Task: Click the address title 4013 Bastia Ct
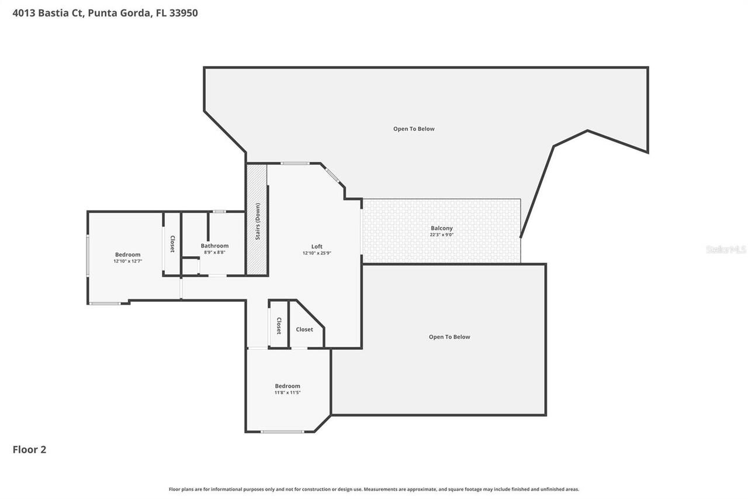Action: pos(105,13)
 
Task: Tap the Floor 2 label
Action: pos(29,449)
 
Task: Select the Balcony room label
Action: pos(442,228)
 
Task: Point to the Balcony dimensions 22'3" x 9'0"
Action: pos(442,235)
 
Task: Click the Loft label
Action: pos(317,246)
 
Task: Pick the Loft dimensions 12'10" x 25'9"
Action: pos(317,253)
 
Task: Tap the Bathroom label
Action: pos(214,246)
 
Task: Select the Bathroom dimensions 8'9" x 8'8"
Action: pos(214,252)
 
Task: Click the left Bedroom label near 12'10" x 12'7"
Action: pos(127,254)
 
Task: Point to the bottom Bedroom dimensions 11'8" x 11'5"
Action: pos(288,393)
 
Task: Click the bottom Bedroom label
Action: pos(288,386)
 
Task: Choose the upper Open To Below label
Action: pos(414,129)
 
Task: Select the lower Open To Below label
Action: pos(449,337)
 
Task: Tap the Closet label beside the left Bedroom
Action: pos(172,244)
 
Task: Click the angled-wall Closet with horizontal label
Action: pos(304,329)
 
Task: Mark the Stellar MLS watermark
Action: pos(726,249)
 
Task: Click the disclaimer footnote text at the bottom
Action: pos(374,489)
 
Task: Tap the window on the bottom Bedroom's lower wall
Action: pos(282,432)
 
